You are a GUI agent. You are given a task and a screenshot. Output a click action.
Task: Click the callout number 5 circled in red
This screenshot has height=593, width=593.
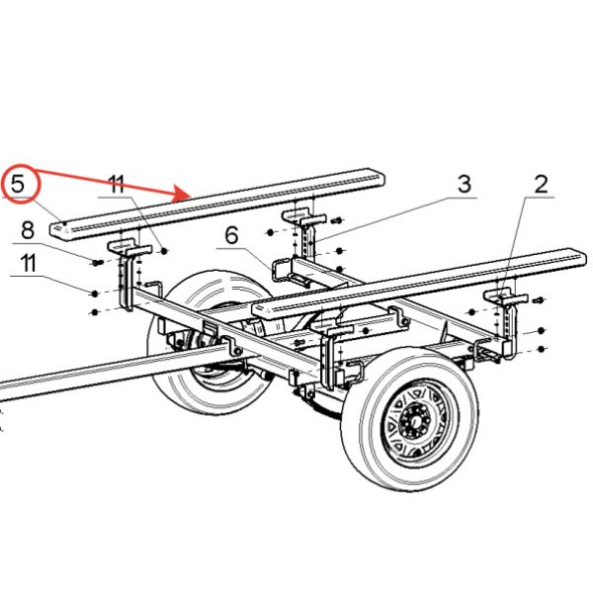click(x=18, y=183)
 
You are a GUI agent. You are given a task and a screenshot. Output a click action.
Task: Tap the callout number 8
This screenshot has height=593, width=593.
click(x=27, y=230)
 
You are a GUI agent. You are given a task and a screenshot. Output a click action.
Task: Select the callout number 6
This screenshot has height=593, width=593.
click(x=232, y=236)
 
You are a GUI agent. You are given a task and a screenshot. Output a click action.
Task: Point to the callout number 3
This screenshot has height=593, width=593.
click(x=464, y=184)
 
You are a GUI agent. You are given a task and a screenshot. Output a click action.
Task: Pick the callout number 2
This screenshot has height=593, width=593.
click(x=541, y=184)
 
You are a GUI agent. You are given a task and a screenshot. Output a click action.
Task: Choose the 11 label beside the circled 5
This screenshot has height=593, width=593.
click(x=118, y=184)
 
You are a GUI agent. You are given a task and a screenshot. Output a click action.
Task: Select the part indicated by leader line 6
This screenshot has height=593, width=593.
click(x=282, y=269)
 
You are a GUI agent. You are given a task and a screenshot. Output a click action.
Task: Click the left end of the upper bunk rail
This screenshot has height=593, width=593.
click(x=61, y=228)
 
